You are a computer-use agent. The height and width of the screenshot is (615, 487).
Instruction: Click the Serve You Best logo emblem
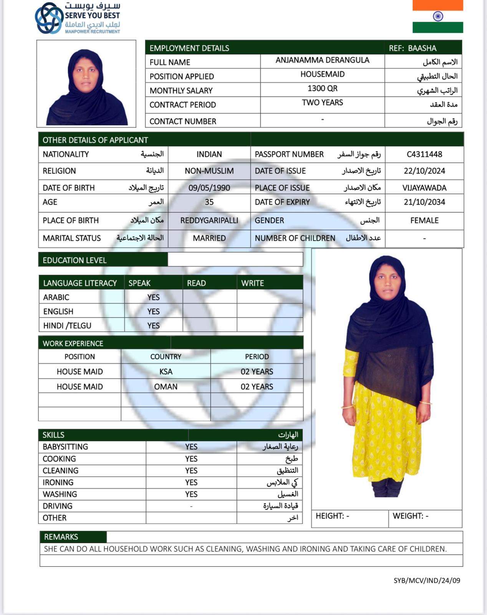click(49, 18)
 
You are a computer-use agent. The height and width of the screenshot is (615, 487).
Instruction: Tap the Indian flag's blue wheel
click(438, 16)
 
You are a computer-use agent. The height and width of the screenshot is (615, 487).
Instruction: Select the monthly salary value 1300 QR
click(322, 88)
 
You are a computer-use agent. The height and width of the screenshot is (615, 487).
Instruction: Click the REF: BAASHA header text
click(412, 48)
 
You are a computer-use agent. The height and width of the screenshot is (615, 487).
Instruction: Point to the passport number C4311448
click(424, 154)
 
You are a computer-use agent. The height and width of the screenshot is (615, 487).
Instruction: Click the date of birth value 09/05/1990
click(209, 188)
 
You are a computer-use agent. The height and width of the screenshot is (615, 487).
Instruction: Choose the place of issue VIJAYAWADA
click(424, 188)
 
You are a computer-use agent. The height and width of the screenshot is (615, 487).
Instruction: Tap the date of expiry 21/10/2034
click(424, 202)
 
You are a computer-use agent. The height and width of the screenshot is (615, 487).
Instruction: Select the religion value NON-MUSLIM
click(209, 171)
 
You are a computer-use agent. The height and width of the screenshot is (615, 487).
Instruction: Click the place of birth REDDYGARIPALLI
click(209, 220)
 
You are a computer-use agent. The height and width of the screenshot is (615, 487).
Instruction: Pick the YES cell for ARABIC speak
click(153, 297)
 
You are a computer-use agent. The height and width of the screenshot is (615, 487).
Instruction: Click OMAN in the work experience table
click(166, 386)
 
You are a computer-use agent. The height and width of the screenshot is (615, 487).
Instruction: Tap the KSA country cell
click(166, 371)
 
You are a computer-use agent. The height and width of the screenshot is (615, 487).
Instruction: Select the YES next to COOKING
click(191, 459)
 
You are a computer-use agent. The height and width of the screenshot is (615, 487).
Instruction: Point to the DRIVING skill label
click(58, 506)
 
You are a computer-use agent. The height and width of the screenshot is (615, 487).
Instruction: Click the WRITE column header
click(252, 283)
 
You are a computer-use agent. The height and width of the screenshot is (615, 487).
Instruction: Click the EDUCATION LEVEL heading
click(75, 260)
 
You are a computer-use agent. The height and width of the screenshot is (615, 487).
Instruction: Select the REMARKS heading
click(61, 537)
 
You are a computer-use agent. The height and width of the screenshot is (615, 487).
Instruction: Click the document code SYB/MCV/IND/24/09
click(427, 580)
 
